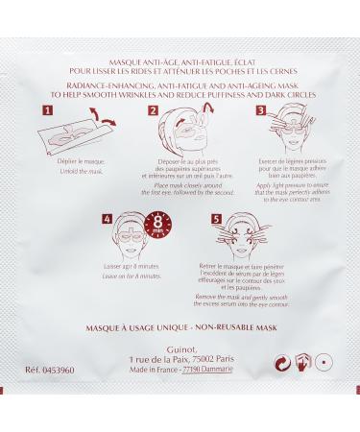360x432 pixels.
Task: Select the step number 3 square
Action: point(259,111)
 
